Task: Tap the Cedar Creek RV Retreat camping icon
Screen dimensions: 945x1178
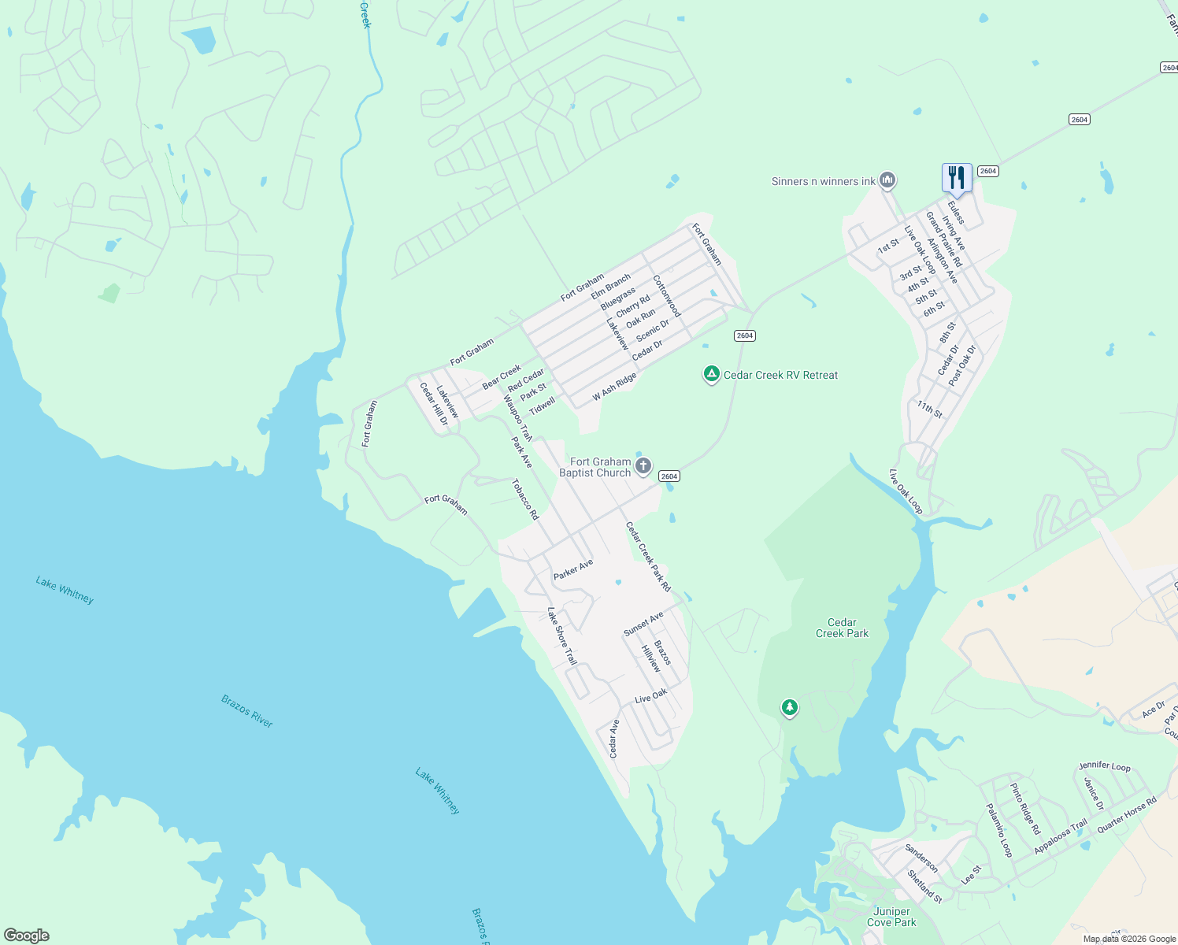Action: coord(711,374)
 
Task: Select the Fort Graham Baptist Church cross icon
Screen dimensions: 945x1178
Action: coord(643,466)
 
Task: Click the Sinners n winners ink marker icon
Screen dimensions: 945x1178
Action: coord(887,180)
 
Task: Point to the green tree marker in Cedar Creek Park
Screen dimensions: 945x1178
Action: coord(790,707)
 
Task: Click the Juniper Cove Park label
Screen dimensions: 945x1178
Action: coord(891,917)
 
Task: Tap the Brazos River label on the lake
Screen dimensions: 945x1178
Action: coord(246,710)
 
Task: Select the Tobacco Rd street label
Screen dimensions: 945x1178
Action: coord(525,499)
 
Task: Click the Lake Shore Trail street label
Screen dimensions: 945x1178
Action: coord(562,636)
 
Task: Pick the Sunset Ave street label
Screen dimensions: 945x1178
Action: coord(643,624)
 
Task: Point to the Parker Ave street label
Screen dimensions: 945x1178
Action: coord(573,569)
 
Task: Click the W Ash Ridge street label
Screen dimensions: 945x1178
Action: coord(614,387)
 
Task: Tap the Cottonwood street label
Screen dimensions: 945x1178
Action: coord(666,296)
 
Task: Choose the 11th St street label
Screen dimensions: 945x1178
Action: coord(929,409)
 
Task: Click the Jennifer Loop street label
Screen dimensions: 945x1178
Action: coord(1104,765)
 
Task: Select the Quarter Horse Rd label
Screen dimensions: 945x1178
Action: coord(1127,813)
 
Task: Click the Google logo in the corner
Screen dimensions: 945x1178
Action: coord(27,935)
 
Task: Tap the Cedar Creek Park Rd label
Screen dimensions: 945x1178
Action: coord(648,556)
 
